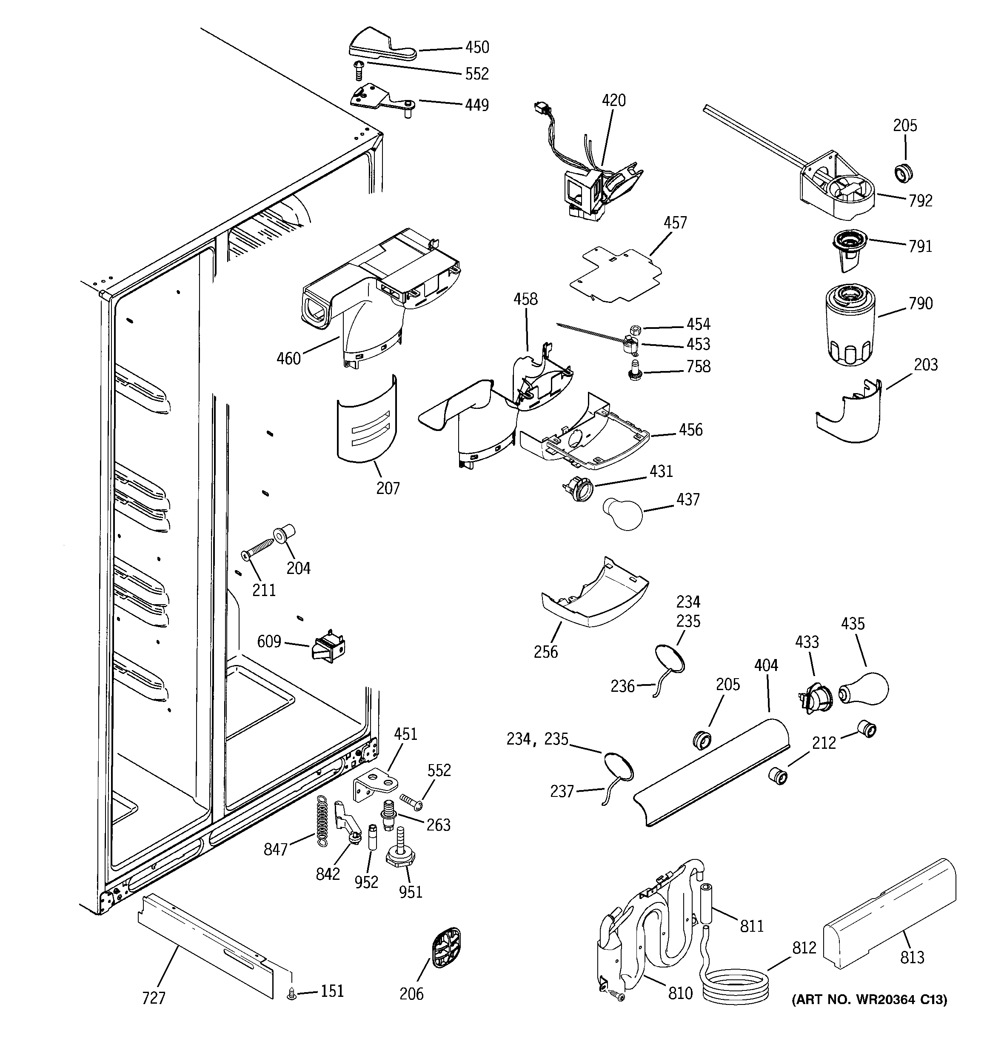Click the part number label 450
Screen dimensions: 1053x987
tap(477, 48)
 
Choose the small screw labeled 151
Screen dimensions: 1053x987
tap(291, 995)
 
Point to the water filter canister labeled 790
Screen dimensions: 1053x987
tap(850, 323)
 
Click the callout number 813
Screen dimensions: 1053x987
tap(912, 957)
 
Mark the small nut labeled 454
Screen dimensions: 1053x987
tap(636, 329)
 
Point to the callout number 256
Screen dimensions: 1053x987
tap(546, 651)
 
